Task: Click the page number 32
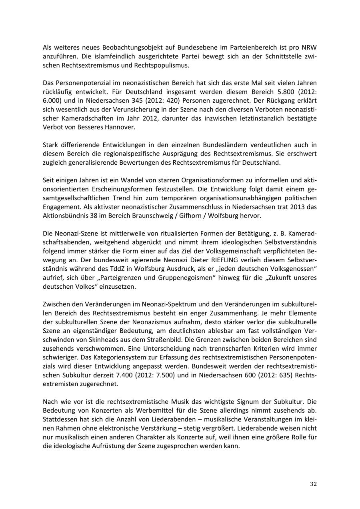point(313,484)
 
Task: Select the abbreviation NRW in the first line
point(308,48)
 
